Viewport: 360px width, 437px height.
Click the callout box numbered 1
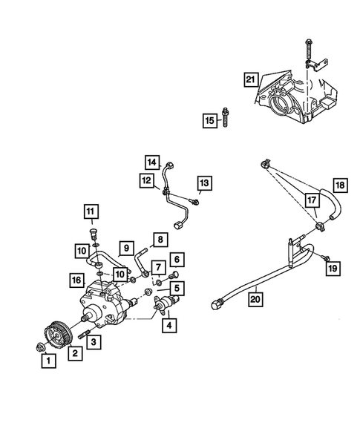[48, 361]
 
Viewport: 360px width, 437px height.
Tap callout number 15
[210, 121]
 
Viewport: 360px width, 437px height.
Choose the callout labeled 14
[152, 162]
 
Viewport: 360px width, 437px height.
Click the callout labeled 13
[203, 183]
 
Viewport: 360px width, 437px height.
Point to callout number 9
[126, 247]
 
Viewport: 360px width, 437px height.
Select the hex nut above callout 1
[38, 346]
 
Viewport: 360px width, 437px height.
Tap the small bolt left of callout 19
[324, 257]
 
